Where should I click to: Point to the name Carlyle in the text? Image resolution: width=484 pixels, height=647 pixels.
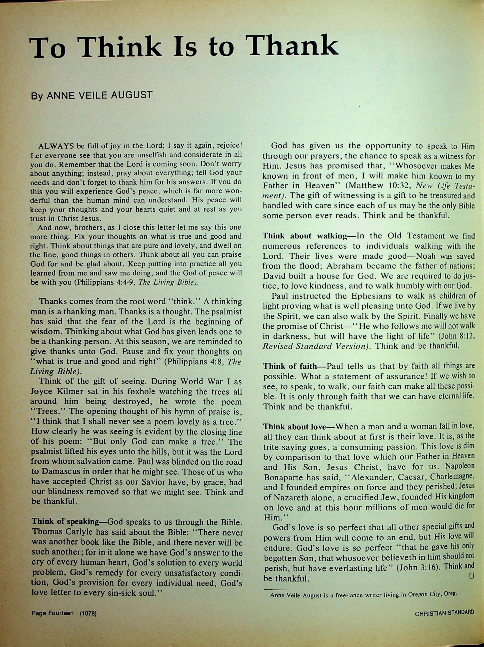[77, 532]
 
